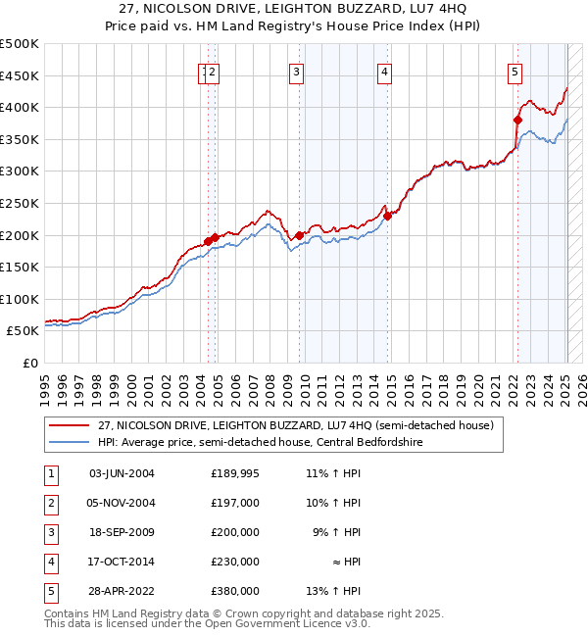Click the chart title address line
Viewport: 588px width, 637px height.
pyautogui.click(x=294, y=8)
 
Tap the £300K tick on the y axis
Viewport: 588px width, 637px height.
pyautogui.click(x=20, y=171)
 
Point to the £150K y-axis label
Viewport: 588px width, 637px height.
pyautogui.click(x=20, y=267)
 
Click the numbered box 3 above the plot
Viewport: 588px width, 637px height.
pyautogui.click(x=296, y=71)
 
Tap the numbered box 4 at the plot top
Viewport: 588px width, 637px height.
pyautogui.click(x=386, y=71)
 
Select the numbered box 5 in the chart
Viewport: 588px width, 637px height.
pyautogui.click(x=514, y=71)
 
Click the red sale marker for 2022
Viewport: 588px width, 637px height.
pyautogui.click(x=517, y=120)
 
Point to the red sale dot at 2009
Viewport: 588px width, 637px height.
pyautogui.click(x=299, y=235)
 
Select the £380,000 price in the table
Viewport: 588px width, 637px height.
pyautogui.click(x=235, y=591)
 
